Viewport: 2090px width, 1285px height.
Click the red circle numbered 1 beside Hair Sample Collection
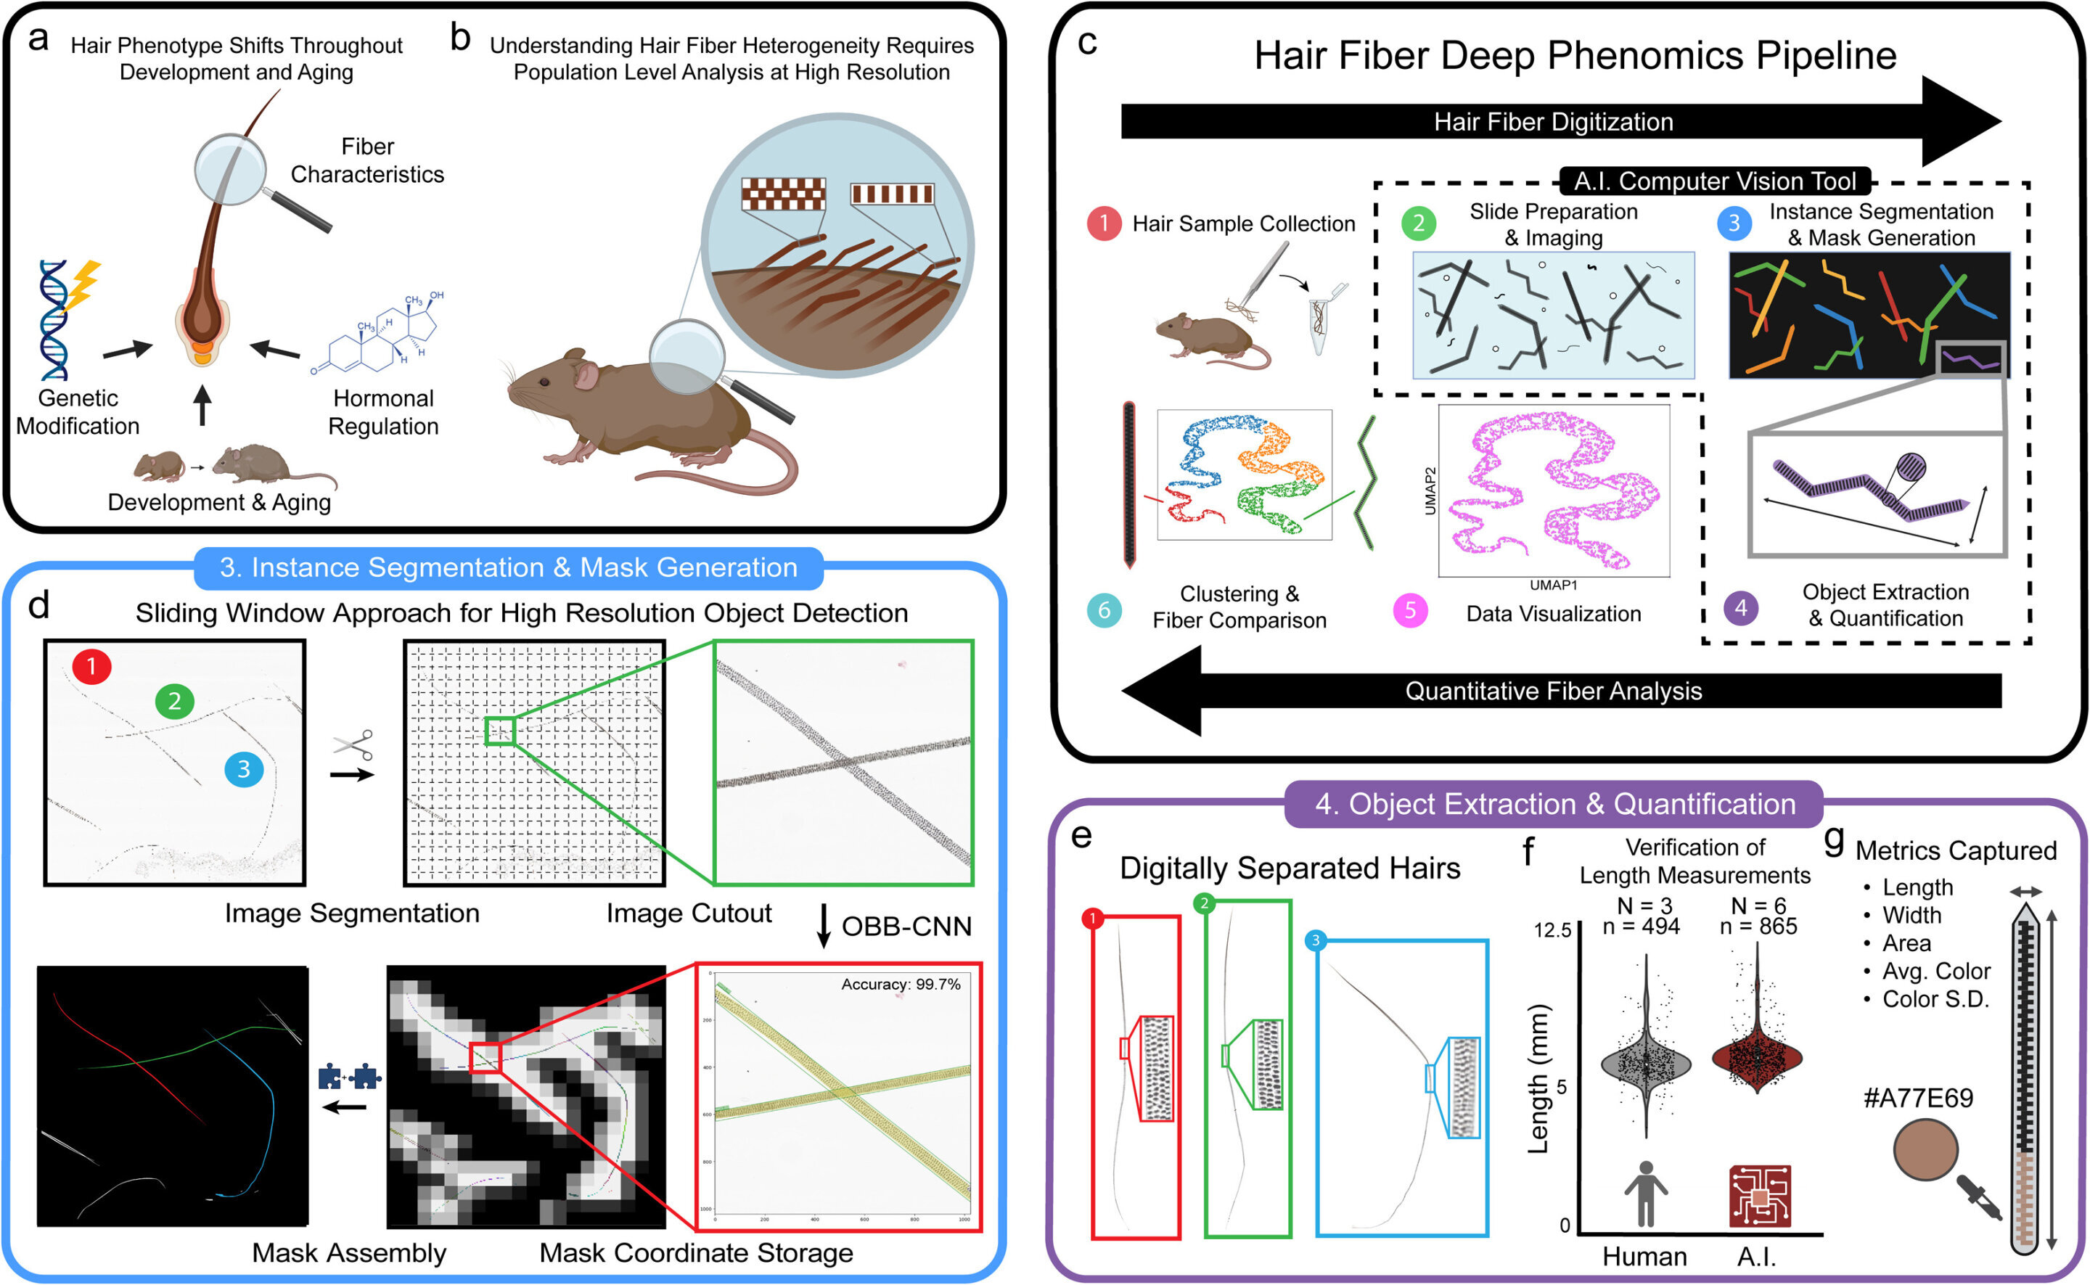tap(1103, 223)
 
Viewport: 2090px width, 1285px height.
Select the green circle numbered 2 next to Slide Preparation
tap(1419, 223)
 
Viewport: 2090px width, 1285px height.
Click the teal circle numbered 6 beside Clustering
tap(1104, 610)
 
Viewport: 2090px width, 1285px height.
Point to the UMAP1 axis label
tap(1553, 586)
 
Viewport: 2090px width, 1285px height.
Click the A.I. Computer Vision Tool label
tap(1714, 181)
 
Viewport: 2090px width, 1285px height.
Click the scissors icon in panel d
tap(353, 744)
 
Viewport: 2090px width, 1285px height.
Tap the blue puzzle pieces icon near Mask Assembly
tap(348, 1077)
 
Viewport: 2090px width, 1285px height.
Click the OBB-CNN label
tap(906, 927)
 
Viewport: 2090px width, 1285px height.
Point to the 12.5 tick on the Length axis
tap(1552, 929)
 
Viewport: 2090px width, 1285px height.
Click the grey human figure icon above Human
tap(1645, 1194)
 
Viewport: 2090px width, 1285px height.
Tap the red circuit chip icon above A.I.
tap(1759, 1196)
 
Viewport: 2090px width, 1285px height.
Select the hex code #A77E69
tap(1917, 1099)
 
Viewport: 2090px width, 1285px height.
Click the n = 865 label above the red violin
tap(1758, 927)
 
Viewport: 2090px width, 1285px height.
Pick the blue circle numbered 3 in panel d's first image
tap(244, 769)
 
